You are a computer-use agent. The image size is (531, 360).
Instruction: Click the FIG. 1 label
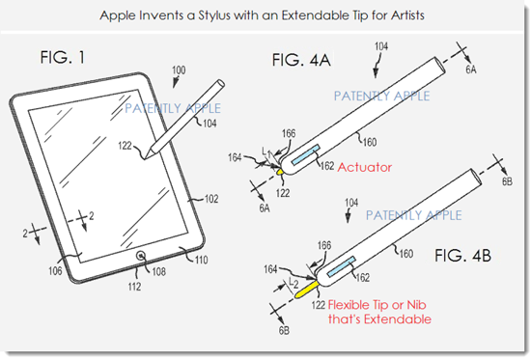[x=63, y=57]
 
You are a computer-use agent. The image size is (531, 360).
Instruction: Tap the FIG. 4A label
[x=301, y=60]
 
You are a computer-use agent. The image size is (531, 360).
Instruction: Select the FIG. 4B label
[x=462, y=256]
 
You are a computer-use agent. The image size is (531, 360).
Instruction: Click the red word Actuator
[x=365, y=167]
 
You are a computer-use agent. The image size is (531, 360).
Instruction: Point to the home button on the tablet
[x=141, y=256]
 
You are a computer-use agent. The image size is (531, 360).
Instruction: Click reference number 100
[x=179, y=70]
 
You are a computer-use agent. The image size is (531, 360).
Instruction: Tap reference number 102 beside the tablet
[x=211, y=199]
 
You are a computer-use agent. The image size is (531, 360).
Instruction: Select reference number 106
[x=55, y=270]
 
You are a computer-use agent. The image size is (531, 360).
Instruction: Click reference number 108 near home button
[x=158, y=271]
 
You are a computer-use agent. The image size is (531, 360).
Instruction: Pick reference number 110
[x=201, y=260]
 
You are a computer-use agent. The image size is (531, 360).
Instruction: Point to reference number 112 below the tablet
[x=134, y=287]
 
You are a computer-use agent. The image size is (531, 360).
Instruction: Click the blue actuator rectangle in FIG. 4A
[x=305, y=154]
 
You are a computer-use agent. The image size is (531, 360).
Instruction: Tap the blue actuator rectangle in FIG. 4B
[x=342, y=266]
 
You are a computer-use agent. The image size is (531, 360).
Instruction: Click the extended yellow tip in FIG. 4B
[x=306, y=290]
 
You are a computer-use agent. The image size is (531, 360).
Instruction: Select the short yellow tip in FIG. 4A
[x=280, y=172]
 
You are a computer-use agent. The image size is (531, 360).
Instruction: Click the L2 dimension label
[x=293, y=282]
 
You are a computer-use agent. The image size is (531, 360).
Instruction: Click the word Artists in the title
[x=407, y=15]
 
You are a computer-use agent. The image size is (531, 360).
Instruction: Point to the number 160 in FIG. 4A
[x=370, y=142]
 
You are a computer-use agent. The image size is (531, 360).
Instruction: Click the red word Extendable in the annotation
[x=398, y=319]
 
